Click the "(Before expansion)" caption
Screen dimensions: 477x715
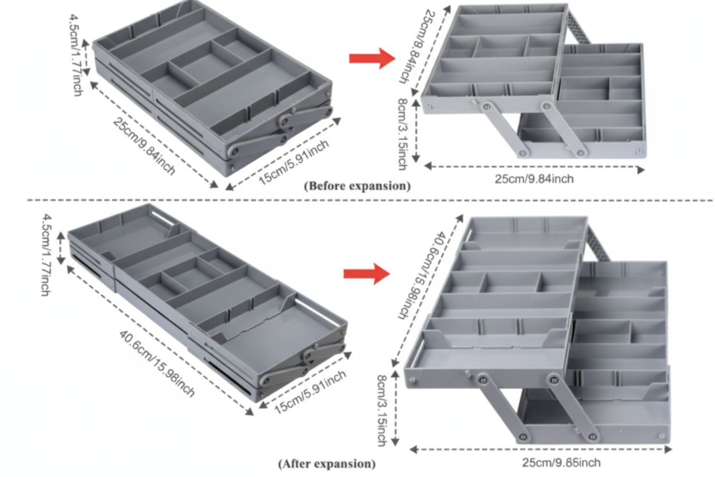[x=357, y=186]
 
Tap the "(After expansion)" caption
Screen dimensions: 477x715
[x=327, y=463]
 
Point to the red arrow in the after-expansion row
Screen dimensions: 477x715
[x=366, y=273]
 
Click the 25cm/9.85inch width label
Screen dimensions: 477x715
[x=561, y=463]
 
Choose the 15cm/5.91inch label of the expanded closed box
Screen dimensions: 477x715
[x=310, y=393]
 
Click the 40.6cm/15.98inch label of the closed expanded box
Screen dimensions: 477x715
[x=158, y=363]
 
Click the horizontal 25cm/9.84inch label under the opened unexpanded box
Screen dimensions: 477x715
[x=534, y=179]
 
